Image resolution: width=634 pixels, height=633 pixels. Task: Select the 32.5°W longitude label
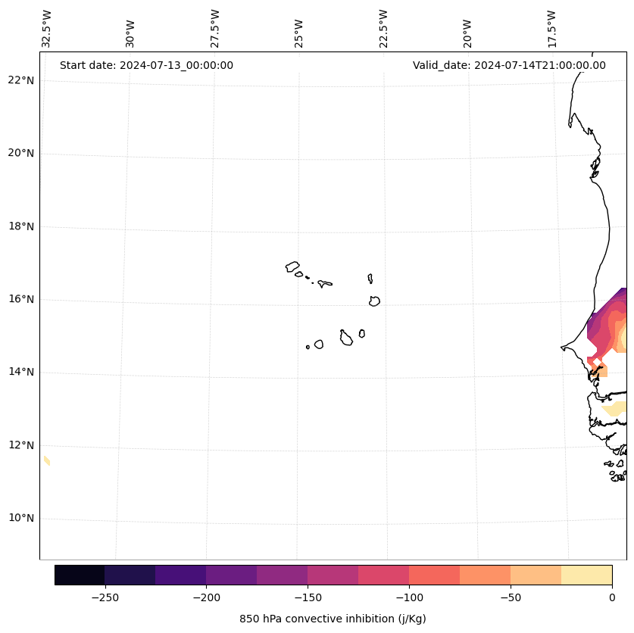(x=47, y=28)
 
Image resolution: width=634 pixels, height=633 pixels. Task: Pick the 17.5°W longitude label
(x=551, y=28)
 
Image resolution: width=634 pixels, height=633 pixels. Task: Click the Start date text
(x=146, y=65)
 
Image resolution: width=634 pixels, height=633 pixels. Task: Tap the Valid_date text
(x=509, y=65)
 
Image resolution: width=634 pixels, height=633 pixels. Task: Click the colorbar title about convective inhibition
(x=333, y=619)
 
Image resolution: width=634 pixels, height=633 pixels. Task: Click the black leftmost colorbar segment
(x=80, y=575)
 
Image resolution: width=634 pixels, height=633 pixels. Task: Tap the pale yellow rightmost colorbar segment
(x=586, y=575)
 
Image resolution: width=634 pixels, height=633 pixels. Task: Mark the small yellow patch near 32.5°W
(x=47, y=460)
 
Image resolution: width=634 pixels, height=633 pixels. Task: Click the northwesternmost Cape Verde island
(x=292, y=267)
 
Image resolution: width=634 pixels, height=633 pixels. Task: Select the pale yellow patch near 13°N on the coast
(x=615, y=409)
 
